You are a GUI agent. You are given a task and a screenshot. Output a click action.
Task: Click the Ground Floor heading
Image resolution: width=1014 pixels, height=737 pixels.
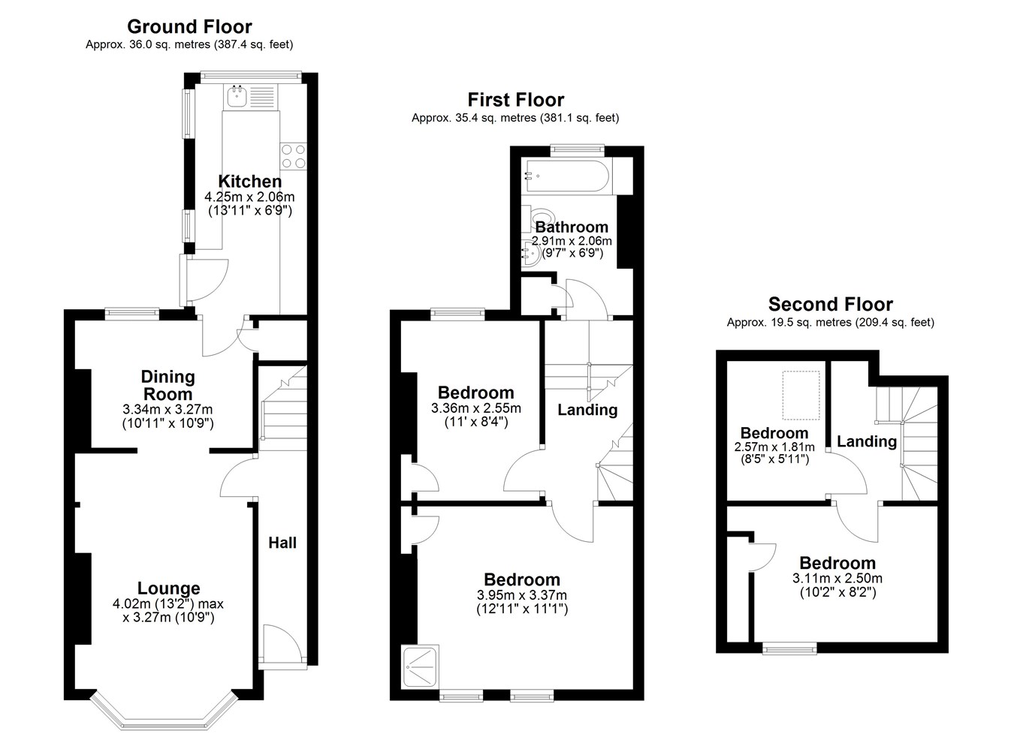189,27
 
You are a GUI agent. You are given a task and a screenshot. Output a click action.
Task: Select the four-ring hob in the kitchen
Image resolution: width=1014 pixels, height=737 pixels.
294,156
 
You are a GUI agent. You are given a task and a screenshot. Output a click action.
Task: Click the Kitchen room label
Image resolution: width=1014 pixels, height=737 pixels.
250,182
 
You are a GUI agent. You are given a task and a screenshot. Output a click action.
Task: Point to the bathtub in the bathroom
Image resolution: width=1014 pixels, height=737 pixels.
567,176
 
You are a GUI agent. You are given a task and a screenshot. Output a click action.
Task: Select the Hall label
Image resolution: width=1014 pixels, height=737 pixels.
282,543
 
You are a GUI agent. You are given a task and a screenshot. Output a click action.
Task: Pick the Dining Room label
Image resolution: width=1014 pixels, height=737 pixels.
168,386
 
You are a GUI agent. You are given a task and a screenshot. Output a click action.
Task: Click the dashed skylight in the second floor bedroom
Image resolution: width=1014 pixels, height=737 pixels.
801,395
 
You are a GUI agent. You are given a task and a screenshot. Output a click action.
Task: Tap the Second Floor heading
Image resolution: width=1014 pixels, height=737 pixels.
831,305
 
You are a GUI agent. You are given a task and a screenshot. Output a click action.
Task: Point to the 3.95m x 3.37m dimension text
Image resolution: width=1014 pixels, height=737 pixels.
522,595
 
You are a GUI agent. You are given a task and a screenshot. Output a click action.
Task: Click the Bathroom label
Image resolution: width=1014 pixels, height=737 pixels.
572,227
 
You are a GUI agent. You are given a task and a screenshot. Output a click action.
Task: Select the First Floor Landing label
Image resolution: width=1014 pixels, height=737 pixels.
587,410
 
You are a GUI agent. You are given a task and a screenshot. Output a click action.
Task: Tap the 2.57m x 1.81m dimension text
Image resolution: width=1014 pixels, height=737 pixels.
774,447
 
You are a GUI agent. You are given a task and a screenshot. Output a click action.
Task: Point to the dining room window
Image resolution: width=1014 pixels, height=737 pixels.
131,314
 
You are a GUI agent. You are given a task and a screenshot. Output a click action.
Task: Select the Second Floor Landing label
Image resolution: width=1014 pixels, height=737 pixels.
867,441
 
